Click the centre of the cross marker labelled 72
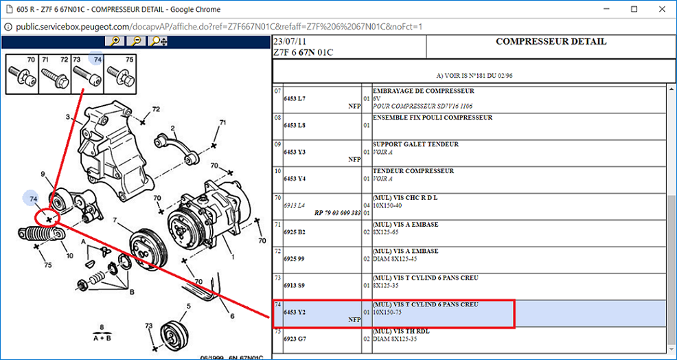point(143,122)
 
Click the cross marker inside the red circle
point(49,221)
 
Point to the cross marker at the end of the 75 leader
point(36,246)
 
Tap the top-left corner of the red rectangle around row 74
point(273,300)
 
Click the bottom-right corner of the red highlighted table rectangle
point(514,328)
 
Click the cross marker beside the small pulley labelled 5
point(154,348)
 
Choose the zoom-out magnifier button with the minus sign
point(136,41)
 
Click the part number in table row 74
point(295,312)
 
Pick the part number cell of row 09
point(295,152)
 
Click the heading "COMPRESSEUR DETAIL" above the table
point(551,42)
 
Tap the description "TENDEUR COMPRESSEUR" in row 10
point(413,171)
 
